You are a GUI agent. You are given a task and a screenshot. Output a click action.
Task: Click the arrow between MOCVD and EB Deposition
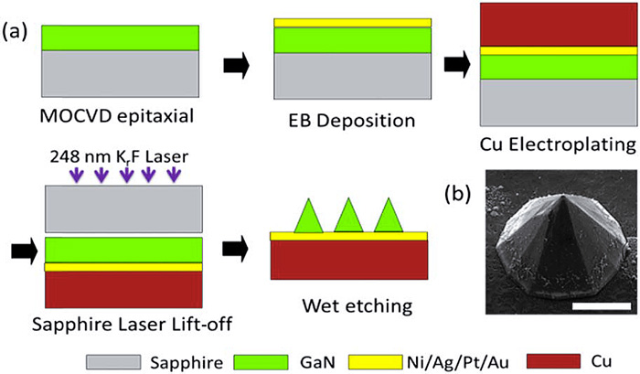point(236,65)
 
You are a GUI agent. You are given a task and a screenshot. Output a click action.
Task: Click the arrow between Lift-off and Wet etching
point(236,248)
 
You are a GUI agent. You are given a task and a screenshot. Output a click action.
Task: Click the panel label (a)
point(16,33)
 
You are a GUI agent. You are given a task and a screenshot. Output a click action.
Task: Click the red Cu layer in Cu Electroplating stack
point(558,25)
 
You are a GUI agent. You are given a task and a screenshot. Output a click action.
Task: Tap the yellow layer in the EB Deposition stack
point(352,22)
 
